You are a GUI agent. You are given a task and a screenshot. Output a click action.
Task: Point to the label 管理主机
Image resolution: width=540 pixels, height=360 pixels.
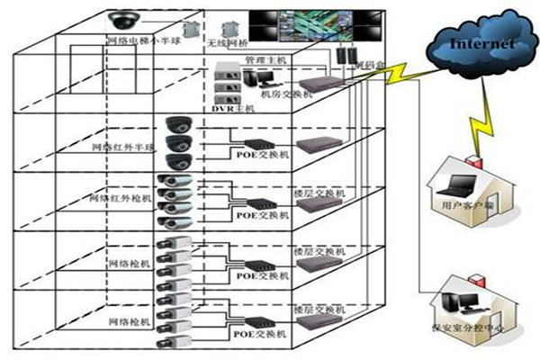pos(265,60)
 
